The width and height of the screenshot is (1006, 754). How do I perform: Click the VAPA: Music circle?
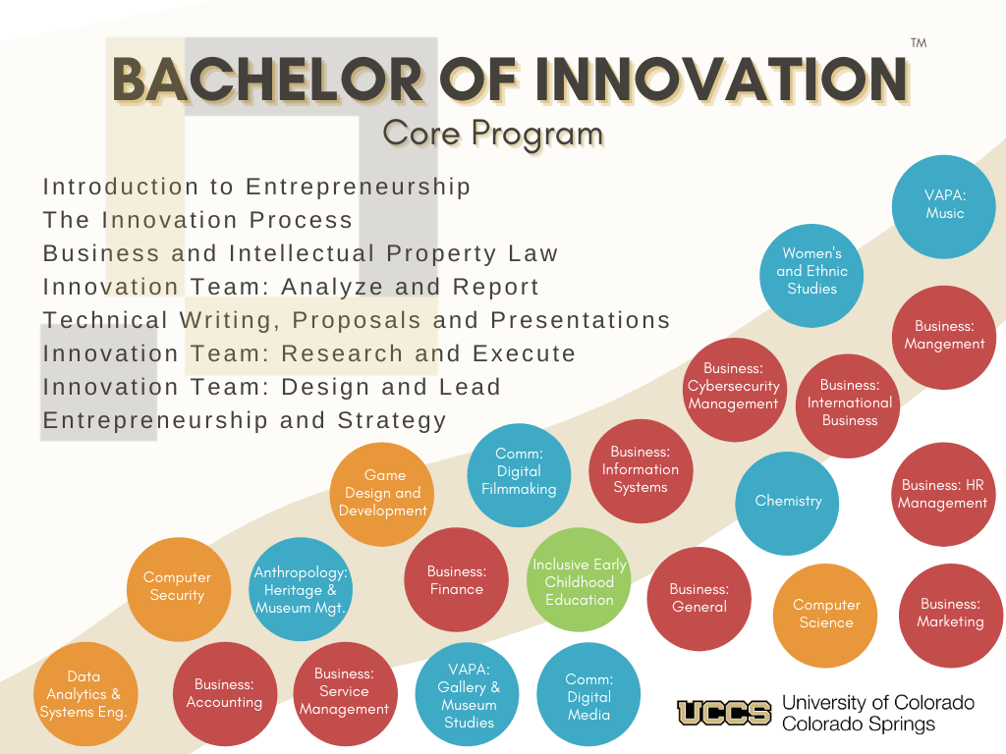(944, 206)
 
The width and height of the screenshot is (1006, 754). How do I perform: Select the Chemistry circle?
(787, 504)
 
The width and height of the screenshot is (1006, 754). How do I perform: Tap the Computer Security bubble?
(179, 589)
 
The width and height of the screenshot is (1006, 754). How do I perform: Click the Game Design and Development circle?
(382, 495)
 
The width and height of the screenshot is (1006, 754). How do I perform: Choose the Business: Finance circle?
(456, 579)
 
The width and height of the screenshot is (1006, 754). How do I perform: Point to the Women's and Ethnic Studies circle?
(811, 276)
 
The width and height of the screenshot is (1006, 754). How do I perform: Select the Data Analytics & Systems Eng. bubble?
(85, 694)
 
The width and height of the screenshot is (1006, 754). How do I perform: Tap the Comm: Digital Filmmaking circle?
(519, 475)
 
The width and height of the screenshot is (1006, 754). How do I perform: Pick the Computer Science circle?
(825, 616)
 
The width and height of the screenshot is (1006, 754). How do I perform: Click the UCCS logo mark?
(724, 713)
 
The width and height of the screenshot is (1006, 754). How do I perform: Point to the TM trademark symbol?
(919, 43)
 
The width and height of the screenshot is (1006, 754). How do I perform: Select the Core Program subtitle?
(493, 134)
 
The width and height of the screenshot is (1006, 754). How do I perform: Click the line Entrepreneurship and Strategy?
(245, 420)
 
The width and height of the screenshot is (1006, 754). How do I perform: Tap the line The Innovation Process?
(197, 220)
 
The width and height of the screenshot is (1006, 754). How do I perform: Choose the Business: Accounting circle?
(225, 694)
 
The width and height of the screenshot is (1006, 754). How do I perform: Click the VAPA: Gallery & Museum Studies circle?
(468, 695)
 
